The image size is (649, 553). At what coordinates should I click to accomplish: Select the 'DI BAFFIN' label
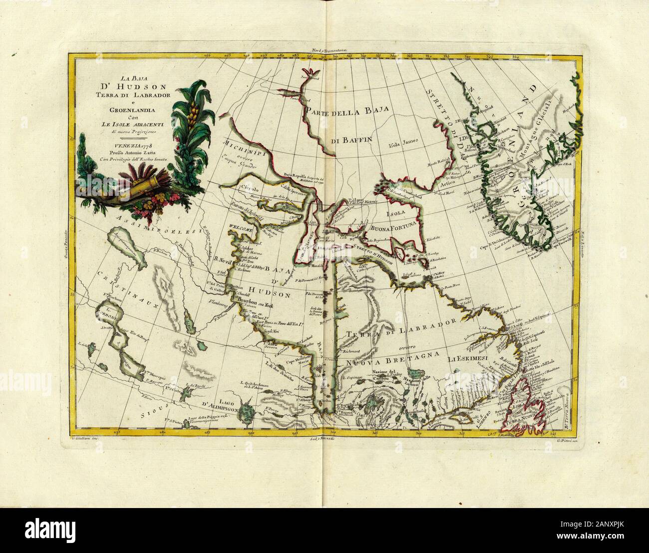point(352,141)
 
